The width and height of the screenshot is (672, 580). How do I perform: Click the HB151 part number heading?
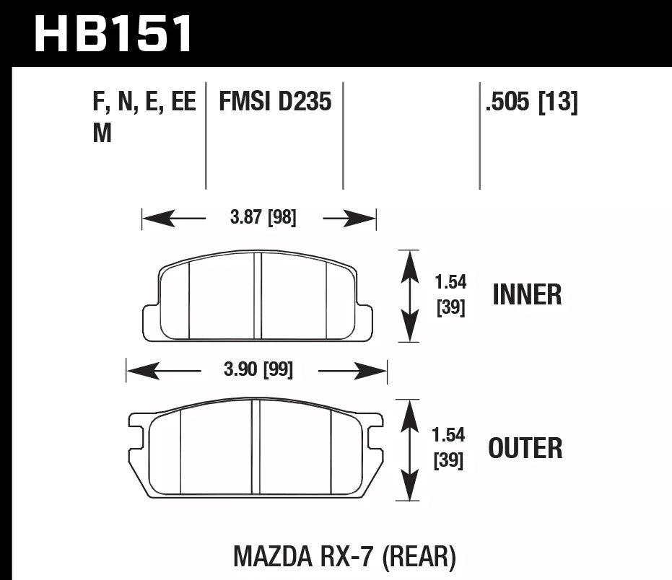tap(114, 33)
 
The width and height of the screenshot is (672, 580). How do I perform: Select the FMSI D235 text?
tap(275, 102)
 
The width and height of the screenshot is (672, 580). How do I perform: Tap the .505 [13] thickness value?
tap(531, 102)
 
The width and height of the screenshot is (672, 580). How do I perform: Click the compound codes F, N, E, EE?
tap(144, 102)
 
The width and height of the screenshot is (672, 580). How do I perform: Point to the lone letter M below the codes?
tap(102, 133)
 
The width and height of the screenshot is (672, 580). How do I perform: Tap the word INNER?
tap(527, 295)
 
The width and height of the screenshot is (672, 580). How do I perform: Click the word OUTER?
tap(525, 448)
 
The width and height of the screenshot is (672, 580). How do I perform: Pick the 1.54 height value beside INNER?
tap(450, 283)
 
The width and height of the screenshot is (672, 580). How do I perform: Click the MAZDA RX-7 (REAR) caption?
tap(344, 555)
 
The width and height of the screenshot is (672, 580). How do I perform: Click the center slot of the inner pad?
tap(257, 296)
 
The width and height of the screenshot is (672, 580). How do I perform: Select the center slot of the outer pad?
tap(255, 447)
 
